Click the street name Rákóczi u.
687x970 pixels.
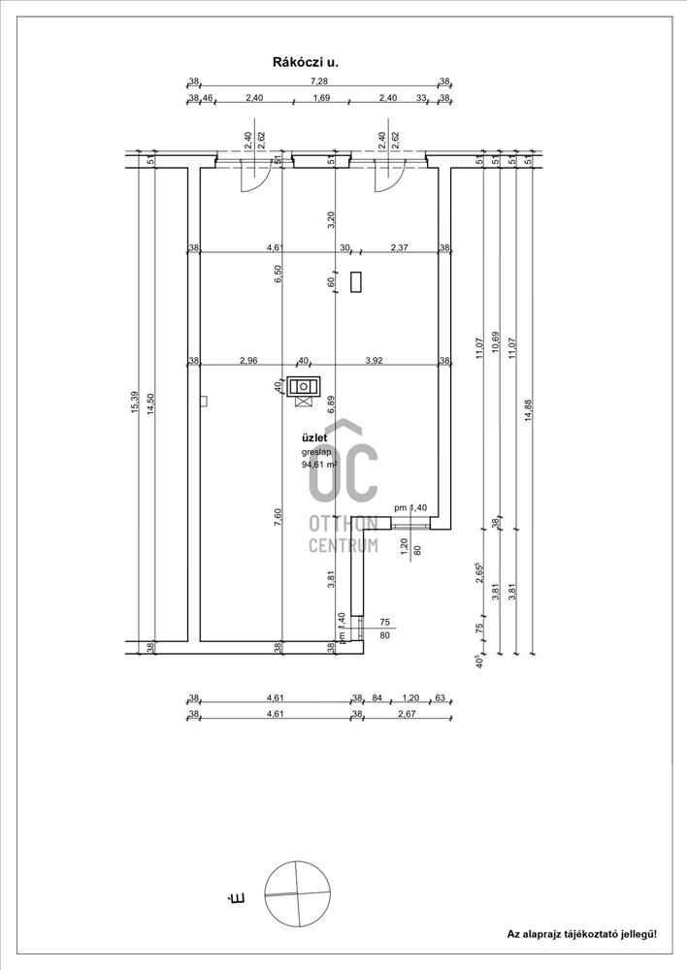point(306,62)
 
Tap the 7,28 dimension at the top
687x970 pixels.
point(319,81)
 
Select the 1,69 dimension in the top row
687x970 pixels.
point(321,97)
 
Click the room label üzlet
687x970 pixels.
point(313,438)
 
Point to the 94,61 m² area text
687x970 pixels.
point(319,465)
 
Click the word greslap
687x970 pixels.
point(316,452)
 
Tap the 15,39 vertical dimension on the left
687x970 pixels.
point(135,403)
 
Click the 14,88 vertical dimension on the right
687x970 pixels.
point(528,410)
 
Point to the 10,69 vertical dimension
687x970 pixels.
point(495,341)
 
